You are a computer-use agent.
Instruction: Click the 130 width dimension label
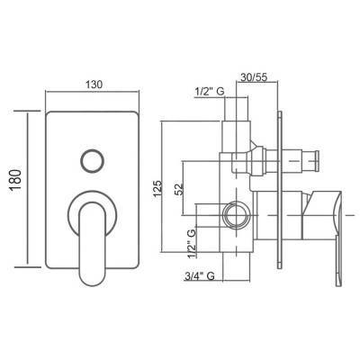pos(94,85)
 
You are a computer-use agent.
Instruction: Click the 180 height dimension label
pos(15,180)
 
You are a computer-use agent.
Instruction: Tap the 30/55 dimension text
pos(254,77)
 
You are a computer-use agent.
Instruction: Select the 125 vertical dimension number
pos(157,189)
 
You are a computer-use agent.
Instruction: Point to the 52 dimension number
pos(179,189)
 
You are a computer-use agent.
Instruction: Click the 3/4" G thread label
pos(200,276)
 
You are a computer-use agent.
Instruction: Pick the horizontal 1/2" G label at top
pos(210,92)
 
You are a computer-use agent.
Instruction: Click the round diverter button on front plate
pos(92,160)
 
